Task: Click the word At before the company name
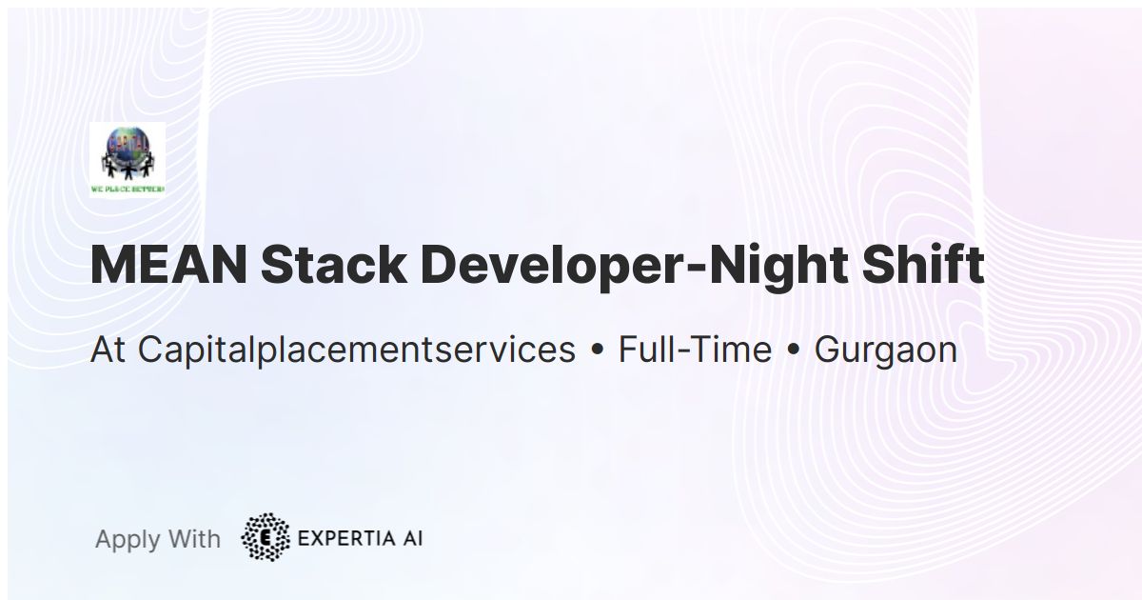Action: pyautogui.click(x=108, y=350)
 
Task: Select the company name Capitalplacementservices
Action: pyautogui.click(x=357, y=350)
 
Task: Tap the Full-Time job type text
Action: pyautogui.click(x=695, y=350)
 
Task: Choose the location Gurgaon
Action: pyautogui.click(x=885, y=350)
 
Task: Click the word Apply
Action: pyautogui.click(x=128, y=539)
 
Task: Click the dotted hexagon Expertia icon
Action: pyautogui.click(x=265, y=537)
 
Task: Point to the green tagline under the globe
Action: pyautogui.click(x=128, y=189)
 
